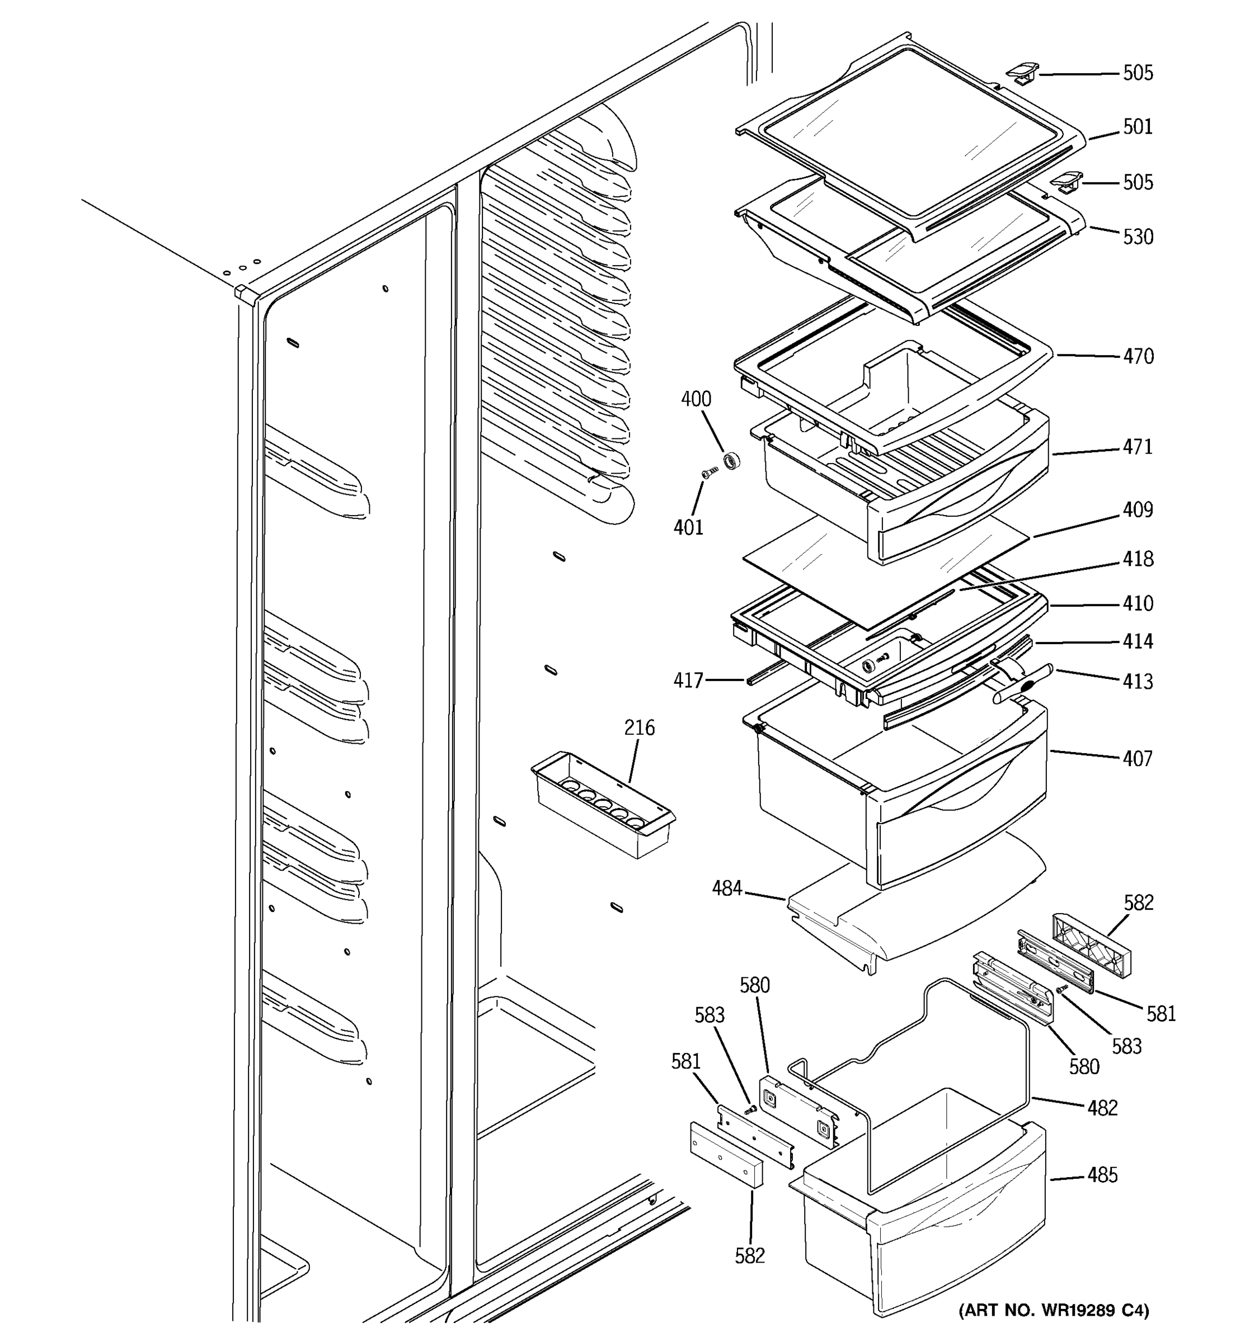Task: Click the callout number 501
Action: coord(1138,127)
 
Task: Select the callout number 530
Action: coord(1138,237)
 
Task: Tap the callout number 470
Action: coord(1138,356)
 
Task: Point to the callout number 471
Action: coord(1138,447)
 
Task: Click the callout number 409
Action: coord(1138,509)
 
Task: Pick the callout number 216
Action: coord(639,727)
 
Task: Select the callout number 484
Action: coord(727,889)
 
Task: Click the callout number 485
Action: coord(1102,1175)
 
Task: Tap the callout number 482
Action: coord(1102,1108)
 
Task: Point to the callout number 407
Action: coord(1138,759)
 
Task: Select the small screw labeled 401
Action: coord(709,472)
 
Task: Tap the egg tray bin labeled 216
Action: coord(603,805)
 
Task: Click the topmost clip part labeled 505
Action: coord(1021,72)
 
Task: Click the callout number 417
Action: coord(688,681)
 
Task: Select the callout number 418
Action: coord(1138,559)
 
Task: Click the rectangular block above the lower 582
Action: coord(726,1154)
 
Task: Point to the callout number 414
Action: coord(1138,641)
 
